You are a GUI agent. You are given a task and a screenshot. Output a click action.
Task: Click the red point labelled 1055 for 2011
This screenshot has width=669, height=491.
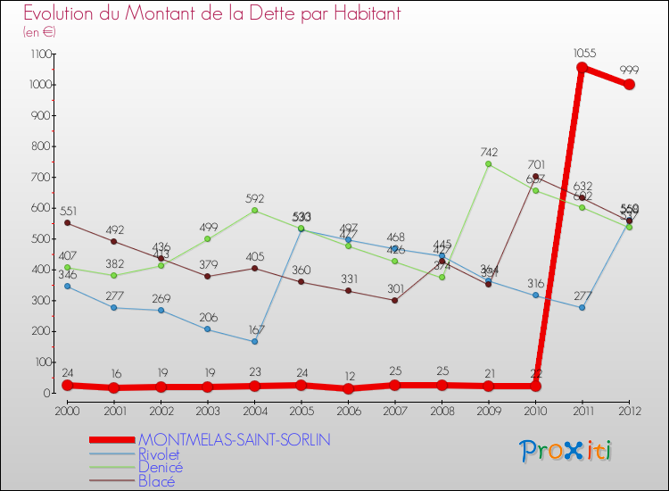point(582,68)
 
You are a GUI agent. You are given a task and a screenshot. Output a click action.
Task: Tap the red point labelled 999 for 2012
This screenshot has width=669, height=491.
point(629,85)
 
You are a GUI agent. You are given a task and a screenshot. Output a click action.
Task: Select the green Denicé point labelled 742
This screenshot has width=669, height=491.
point(489,164)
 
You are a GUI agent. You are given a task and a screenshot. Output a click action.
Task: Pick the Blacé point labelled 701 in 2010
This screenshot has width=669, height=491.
point(535,177)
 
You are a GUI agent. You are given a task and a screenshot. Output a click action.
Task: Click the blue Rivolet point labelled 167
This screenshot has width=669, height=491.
point(254,341)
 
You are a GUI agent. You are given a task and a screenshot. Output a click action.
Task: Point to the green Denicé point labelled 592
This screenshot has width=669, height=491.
point(254,211)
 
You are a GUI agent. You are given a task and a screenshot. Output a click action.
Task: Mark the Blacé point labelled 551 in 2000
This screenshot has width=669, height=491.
point(67,223)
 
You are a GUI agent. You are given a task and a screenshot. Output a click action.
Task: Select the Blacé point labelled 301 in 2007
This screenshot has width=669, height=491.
point(395,300)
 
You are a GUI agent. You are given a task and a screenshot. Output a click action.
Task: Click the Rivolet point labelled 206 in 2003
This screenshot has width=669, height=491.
point(208,329)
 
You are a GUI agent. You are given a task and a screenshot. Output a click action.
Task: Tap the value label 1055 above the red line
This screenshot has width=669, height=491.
point(584,54)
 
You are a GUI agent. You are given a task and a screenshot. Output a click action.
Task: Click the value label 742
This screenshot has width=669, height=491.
point(489,152)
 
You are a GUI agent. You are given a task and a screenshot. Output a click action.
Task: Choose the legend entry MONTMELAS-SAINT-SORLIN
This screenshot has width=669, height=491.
point(234,439)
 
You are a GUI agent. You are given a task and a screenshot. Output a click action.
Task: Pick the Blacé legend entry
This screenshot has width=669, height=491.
point(155,481)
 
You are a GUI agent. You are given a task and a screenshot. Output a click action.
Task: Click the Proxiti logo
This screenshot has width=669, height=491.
point(566,451)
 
